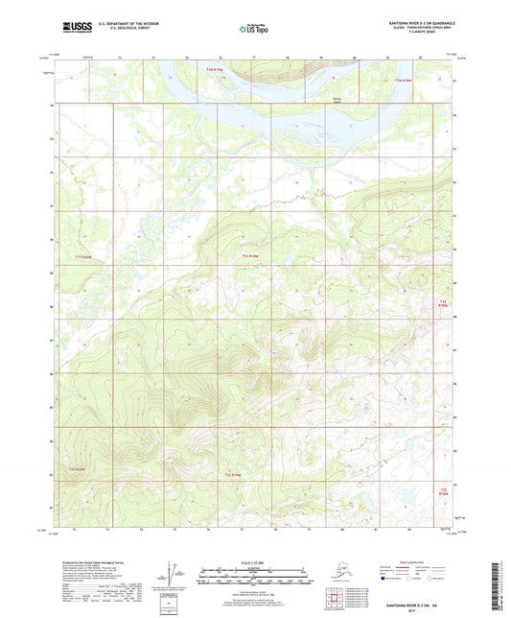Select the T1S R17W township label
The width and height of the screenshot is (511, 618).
pos(87,256)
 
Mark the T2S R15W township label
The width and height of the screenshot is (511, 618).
pos(443,491)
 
